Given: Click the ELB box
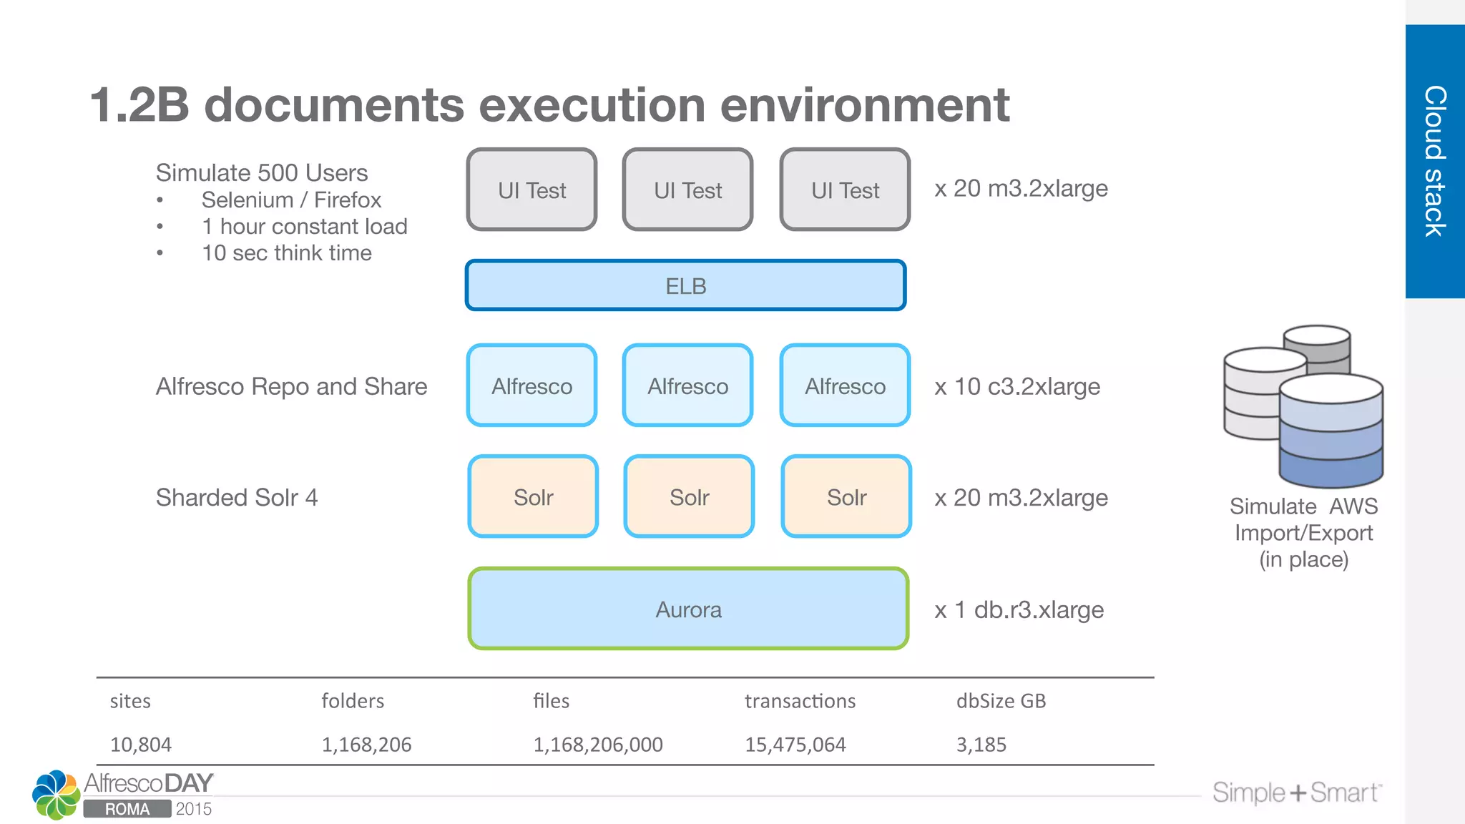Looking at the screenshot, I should point(685,285).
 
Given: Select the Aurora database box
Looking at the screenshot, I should point(688,609).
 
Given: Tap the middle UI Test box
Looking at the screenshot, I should point(687,190).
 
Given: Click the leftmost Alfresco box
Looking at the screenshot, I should point(531,386).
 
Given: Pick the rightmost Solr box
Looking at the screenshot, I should point(846,497).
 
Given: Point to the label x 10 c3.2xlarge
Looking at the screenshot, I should point(1016,387).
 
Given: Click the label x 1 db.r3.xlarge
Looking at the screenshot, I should point(1019,610).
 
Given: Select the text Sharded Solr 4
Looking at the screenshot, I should point(237,498).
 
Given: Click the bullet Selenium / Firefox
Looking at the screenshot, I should point(291,200).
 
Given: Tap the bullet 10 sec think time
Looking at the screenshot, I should point(286,253).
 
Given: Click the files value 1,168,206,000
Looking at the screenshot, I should point(597,745).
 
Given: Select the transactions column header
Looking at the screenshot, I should point(800,701).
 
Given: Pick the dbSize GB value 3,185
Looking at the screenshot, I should point(981,745).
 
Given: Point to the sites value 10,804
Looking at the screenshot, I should point(141,745).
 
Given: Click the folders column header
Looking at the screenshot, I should point(353,701).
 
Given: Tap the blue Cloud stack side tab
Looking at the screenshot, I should point(1435,161).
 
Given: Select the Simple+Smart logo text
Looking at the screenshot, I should point(1295,793).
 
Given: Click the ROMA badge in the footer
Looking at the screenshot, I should point(127,809).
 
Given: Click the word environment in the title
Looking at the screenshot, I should point(864,105).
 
